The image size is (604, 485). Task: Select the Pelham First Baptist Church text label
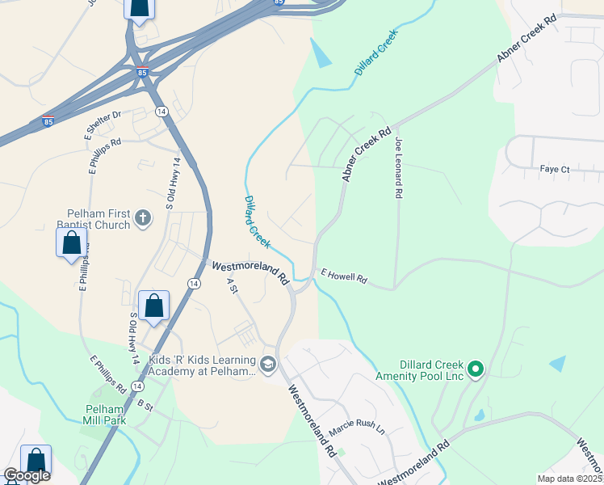pyautogui.click(x=94, y=220)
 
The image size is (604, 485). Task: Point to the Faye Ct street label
pyautogui.click(x=555, y=170)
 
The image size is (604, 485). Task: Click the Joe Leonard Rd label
pyautogui.click(x=398, y=168)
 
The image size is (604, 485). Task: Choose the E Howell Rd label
pyautogui.click(x=344, y=276)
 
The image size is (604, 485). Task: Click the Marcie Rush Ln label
pyautogui.click(x=356, y=428)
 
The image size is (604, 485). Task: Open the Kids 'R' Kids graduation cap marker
pyautogui.click(x=269, y=365)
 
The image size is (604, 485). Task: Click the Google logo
pyautogui.click(x=26, y=475)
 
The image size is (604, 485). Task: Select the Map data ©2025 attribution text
pyautogui.click(x=570, y=479)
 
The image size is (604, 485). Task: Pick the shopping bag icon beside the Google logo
pyautogui.click(x=36, y=460)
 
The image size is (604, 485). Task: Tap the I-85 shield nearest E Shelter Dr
pyautogui.click(x=48, y=123)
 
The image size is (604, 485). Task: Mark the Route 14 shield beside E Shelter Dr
pyautogui.click(x=161, y=111)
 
